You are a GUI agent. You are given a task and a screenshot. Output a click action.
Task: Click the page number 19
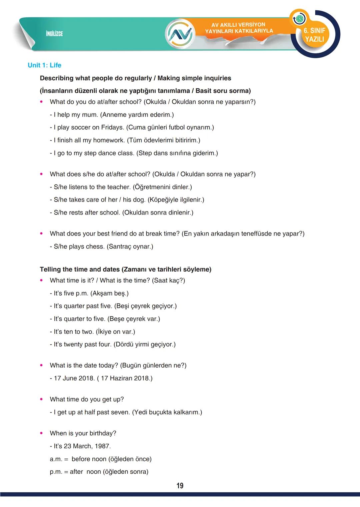pos(180,486)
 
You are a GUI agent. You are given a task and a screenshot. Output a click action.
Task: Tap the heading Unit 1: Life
pos(44,65)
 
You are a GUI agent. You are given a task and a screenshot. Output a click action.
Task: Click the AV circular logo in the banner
pos(180,33)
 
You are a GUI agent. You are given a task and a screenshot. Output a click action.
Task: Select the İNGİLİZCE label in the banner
pos(54,34)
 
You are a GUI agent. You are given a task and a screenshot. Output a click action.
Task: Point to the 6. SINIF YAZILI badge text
pos(314,35)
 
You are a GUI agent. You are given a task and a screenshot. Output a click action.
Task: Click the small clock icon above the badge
pos(299,19)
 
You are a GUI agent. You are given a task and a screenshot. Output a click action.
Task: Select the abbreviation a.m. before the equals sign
pos(56,459)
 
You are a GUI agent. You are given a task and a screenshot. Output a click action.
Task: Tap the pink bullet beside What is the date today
pos(41,365)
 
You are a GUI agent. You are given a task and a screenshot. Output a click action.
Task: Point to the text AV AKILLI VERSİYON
pos(238,25)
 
